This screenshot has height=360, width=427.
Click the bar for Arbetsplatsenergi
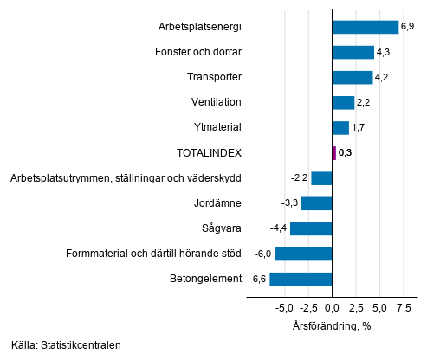click(366, 27)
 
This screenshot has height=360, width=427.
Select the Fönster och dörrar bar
click(353, 52)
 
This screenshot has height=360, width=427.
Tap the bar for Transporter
click(353, 77)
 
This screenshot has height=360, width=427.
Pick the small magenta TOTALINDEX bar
click(334, 153)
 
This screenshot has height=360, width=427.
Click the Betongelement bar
click(301, 279)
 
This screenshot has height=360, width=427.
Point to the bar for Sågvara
click(312, 228)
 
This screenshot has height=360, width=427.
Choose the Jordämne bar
click(317, 203)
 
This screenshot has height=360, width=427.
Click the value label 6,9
click(408, 28)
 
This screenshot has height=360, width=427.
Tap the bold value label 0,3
click(346, 153)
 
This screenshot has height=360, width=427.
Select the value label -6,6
click(257, 280)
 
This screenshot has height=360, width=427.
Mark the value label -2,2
click(300, 178)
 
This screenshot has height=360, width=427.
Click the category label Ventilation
click(216, 102)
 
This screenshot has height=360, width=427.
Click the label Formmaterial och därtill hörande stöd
click(153, 254)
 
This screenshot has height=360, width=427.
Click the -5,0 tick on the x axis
click(286, 307)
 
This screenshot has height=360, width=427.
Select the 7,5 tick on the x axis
click(403, 307)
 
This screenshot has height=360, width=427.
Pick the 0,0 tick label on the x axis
click(333, 307)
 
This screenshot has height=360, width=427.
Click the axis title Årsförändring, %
click(333, 326)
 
